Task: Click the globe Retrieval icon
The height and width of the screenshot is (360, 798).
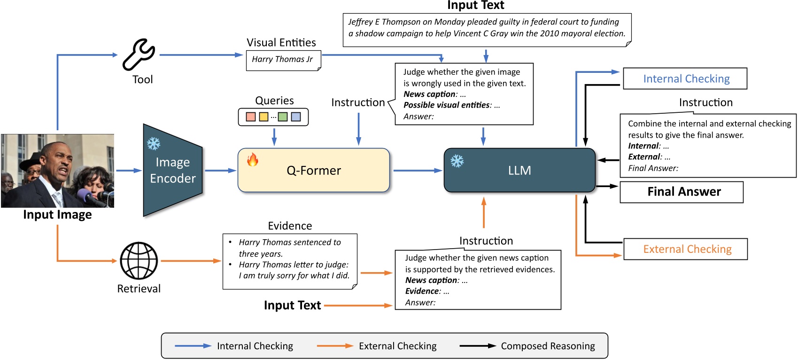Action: pos(139,261)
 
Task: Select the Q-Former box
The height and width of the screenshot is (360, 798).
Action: pos(314,170)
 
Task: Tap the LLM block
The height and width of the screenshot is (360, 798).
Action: pos(519,170)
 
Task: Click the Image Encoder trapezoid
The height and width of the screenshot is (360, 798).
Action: pos(172,170)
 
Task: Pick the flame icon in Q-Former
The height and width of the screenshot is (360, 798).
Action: pos(253,160)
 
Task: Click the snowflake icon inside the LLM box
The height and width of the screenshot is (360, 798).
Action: pos(457,161)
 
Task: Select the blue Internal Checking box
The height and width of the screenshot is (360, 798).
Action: pos(685,78)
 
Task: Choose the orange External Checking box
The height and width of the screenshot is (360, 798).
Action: pos(685,249)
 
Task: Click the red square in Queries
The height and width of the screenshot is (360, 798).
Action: pos(251,117)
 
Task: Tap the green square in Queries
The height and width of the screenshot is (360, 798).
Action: pos(283,117)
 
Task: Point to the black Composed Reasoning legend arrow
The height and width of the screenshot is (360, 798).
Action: pos(477,346)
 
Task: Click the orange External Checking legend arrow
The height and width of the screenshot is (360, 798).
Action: pos(334,346)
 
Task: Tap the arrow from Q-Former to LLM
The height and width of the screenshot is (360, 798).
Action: pos(417,171)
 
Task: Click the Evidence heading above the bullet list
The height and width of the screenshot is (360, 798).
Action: pos(290,226)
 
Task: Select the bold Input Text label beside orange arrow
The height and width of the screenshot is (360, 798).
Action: pos(292,305)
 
